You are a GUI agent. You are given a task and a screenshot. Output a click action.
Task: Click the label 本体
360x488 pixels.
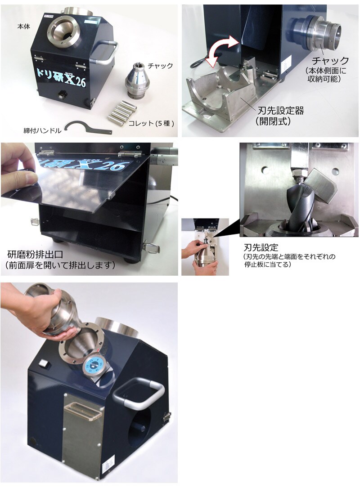tap(24, 27)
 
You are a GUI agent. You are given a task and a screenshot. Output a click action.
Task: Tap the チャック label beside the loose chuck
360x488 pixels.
tap(160, 66)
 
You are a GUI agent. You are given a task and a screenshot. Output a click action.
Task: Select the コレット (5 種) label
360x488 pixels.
tap(151, 124)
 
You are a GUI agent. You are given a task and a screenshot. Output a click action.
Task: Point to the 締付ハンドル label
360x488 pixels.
tap(42, 131)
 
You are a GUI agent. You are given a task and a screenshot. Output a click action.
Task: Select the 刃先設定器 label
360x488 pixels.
tap(281, 111)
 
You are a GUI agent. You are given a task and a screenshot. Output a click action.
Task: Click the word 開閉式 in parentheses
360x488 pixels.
tap(273, 121)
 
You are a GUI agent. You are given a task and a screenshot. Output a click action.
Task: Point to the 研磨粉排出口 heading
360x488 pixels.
tap(35, 255)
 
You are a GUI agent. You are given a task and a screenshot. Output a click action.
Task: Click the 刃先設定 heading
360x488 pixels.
tap(261, 248)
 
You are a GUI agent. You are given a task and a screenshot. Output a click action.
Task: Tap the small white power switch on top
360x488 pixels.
tap(44, 363)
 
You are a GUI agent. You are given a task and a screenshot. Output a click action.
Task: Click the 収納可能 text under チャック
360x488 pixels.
tap(324, 79)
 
